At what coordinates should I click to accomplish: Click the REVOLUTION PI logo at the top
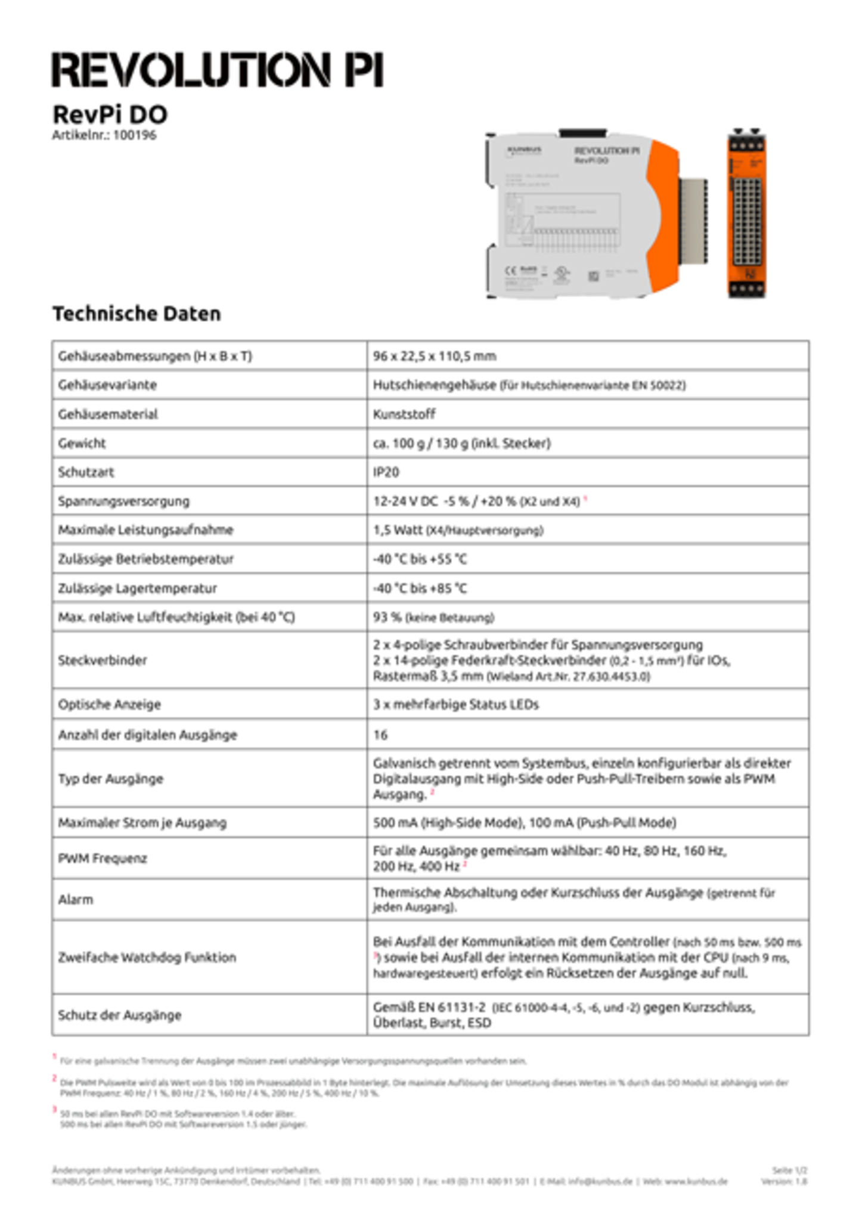[217, 70]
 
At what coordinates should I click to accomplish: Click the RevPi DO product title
[110, 114]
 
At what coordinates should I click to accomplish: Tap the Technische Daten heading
[137, 314]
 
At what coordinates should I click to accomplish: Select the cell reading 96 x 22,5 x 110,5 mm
[435, 356]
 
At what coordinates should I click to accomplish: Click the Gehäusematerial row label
[108, 414]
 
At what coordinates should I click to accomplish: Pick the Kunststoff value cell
[404, 414]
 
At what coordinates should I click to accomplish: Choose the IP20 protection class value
[386, 472]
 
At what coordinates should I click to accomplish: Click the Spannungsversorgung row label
[123, 501]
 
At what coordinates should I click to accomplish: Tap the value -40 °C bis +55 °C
[420, 559]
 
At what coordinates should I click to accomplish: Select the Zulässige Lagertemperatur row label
[137, 589]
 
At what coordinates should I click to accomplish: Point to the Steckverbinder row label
[103, 661]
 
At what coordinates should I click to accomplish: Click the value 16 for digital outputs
[380, 735]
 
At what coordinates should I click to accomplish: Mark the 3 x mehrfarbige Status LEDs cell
[455, 705]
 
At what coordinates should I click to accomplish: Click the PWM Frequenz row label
[103, 859]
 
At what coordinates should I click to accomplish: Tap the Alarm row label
[76, 900]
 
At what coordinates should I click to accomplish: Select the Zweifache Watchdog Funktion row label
[147, 958]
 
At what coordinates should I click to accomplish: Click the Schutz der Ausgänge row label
[119, 1015]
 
